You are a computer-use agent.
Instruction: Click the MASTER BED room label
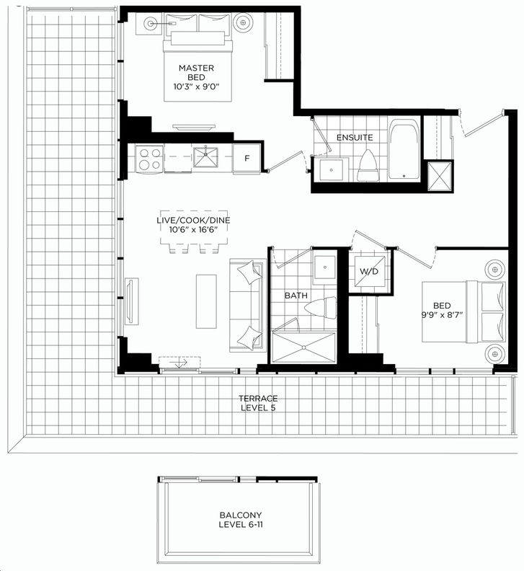point(196,73)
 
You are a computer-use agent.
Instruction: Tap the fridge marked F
point(247,159)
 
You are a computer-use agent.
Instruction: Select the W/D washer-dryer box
point(369,271)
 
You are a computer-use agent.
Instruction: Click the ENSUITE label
point(355,138)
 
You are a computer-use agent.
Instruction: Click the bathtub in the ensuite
point(404,149)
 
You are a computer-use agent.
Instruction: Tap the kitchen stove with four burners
point(150,159)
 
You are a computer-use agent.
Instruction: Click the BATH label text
point(296,296)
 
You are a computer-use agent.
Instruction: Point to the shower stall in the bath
point(303,348)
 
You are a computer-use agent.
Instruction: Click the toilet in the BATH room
point(321,307)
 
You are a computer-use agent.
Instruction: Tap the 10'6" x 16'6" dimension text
point(193,230)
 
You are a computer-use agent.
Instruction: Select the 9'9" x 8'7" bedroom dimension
point(442,315)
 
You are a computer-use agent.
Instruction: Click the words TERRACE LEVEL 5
point(258,403)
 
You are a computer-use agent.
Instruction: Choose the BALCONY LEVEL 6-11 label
point(241,520)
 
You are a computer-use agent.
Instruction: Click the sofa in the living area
point(248,305)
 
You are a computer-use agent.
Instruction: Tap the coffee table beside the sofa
point(206,301)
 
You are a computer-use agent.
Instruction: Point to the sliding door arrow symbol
point(181,363)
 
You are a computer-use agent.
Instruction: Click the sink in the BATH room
point(324,267)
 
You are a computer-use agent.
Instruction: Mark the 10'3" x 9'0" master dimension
point(197,87)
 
